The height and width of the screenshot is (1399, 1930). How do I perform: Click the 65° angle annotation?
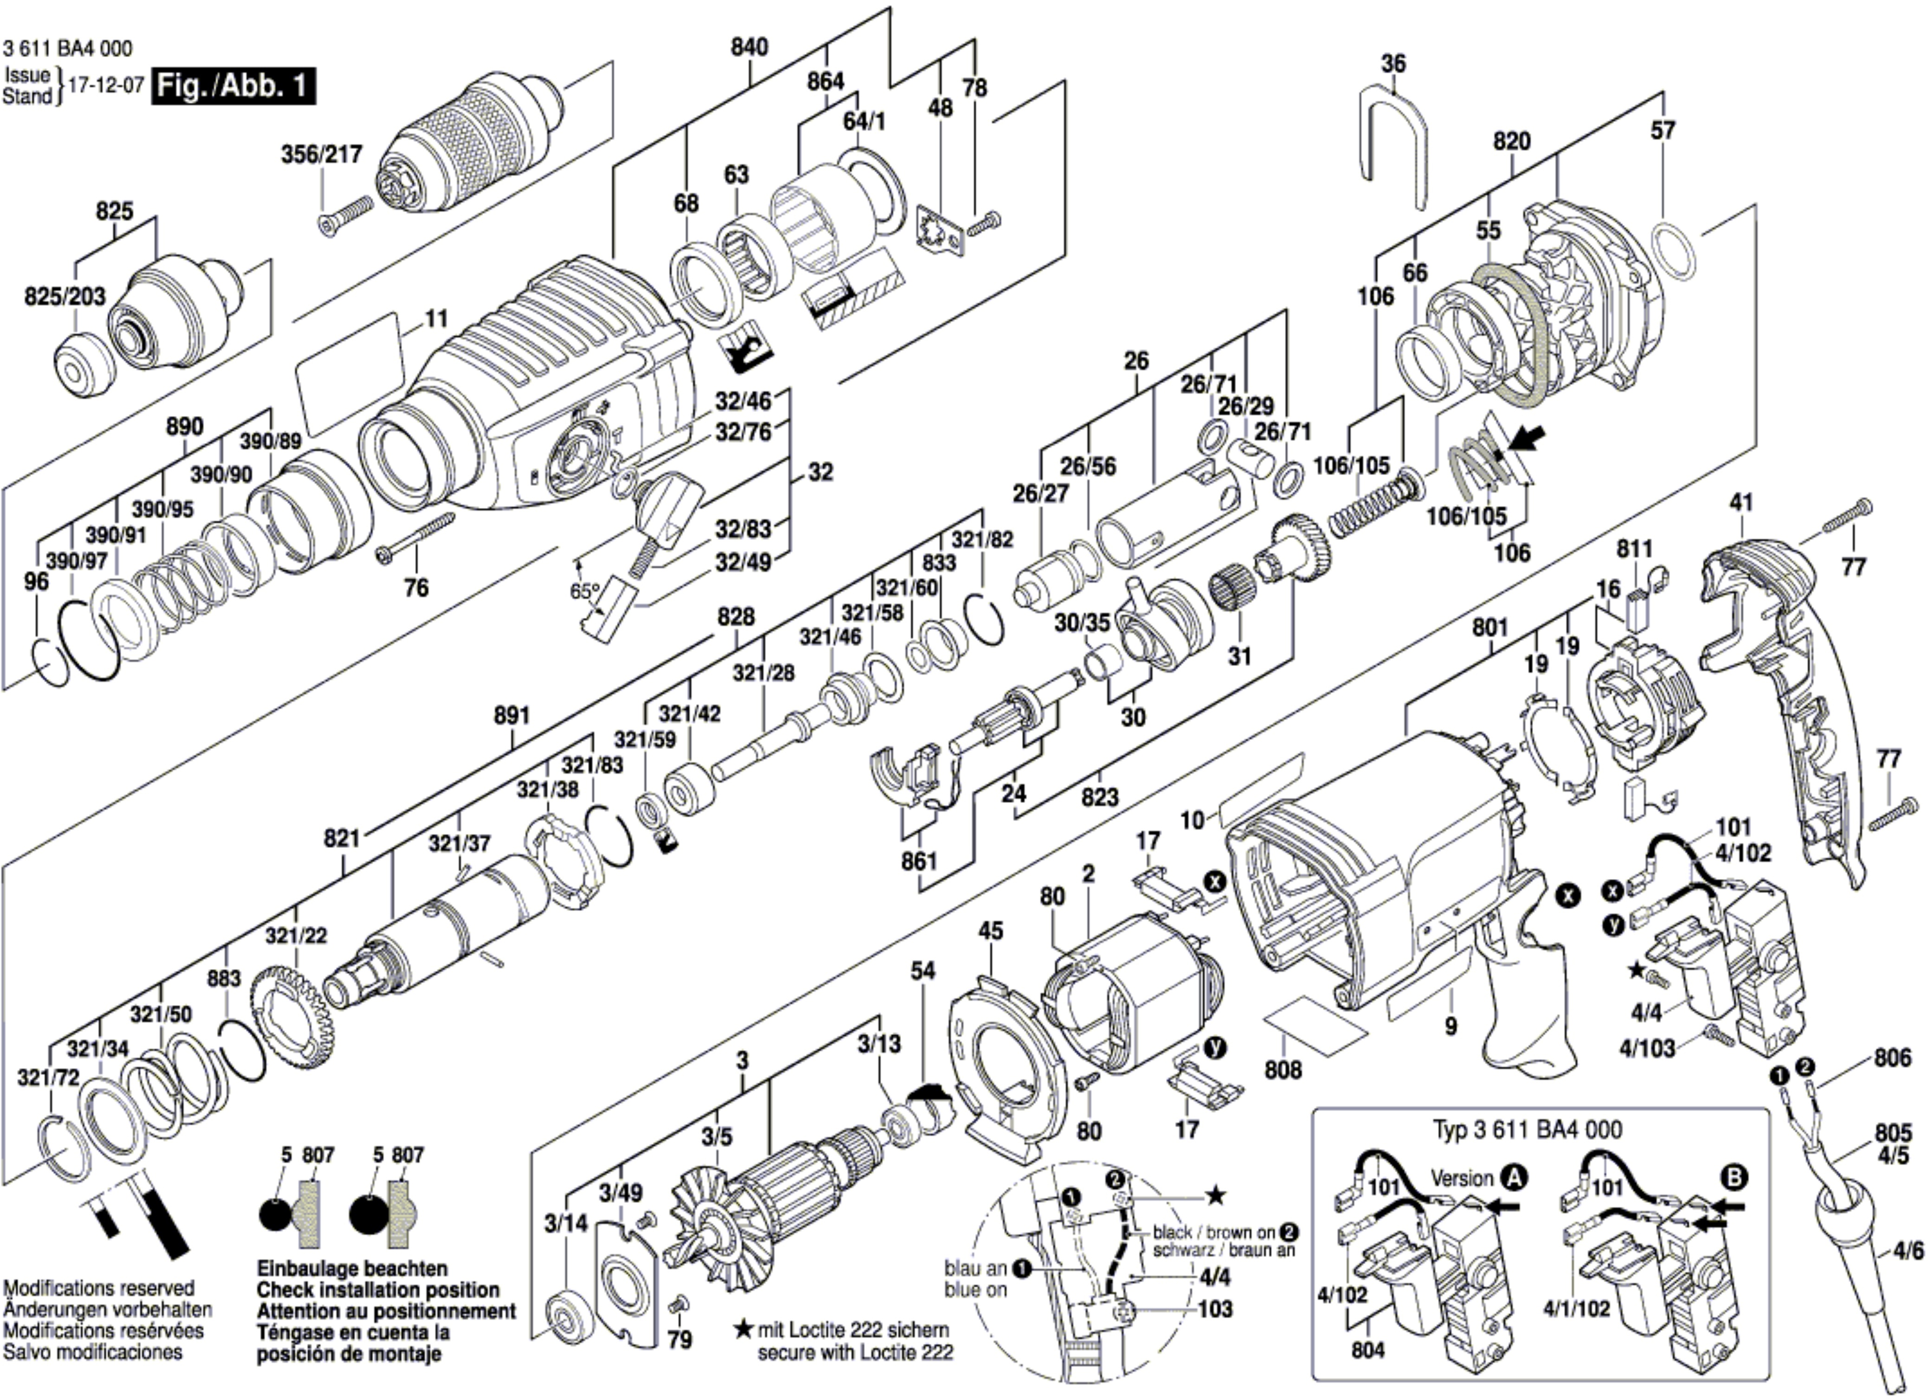pos(585,590)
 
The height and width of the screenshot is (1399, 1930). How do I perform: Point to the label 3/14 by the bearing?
pos(566,1224)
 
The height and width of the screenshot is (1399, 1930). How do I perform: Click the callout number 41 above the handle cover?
pos(1741,502)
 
